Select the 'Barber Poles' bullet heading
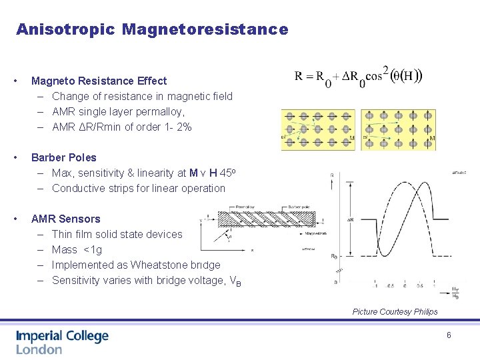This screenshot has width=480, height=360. pos(64,157)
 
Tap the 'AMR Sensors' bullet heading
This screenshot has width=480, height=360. pos(66,219)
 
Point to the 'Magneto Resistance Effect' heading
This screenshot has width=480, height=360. pos(99,81)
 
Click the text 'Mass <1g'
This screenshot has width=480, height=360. pos(77,249)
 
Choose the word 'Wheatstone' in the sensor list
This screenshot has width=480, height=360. pos(152,265)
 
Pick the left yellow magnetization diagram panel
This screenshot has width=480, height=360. pos(318,129)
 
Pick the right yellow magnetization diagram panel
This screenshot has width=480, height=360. pos(399,129)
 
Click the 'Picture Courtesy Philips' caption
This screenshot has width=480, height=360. pos(395,311)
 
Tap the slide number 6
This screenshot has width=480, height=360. pos(449,335)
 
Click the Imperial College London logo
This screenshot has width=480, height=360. pos(62,342)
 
